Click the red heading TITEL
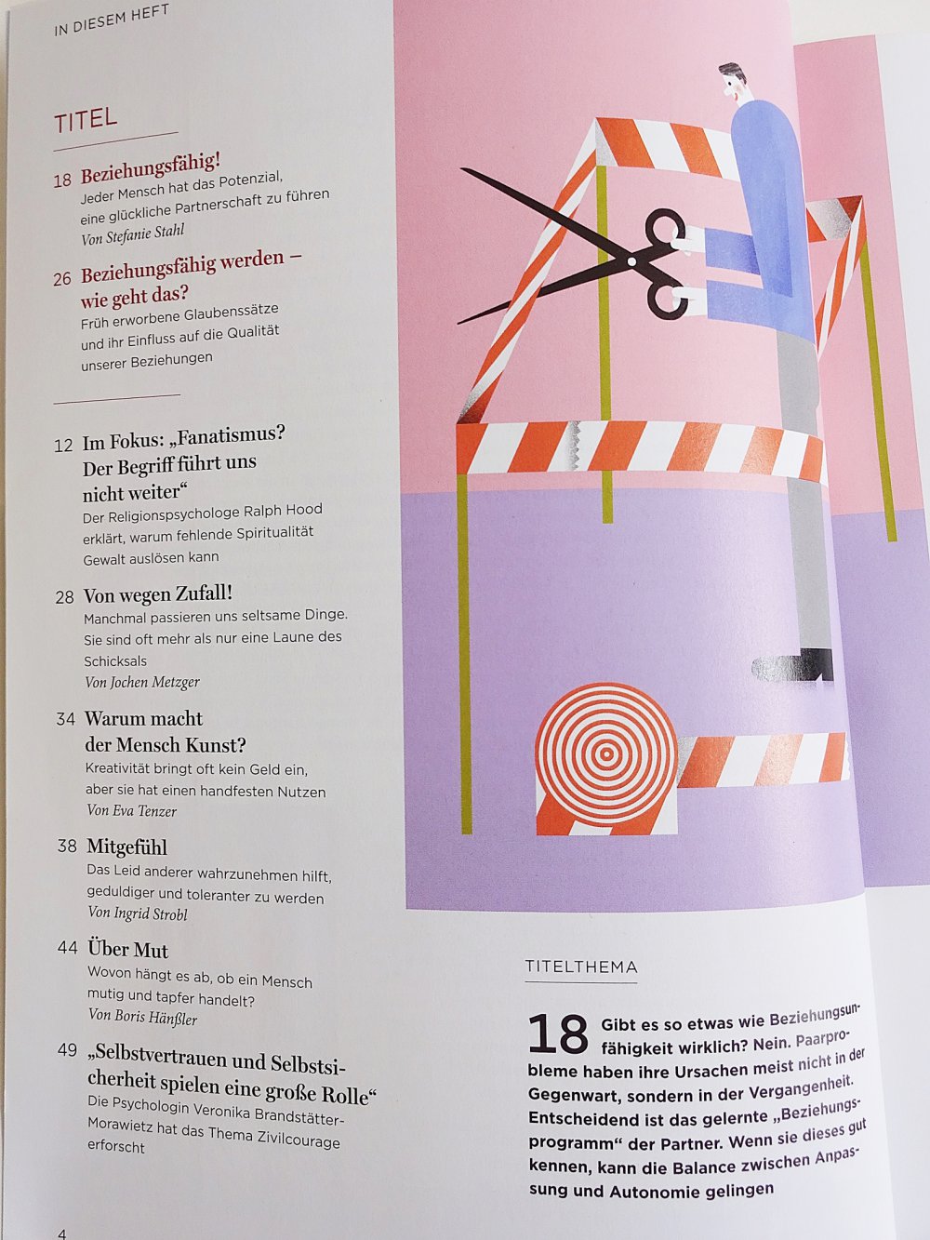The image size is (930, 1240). [86, 120]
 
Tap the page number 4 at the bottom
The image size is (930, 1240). [61, 1232]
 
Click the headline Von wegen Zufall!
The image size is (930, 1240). [158, 594]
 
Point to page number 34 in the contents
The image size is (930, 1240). [65, 719]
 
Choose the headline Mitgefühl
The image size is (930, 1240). [127, 847]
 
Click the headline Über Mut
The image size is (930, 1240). [128, 949]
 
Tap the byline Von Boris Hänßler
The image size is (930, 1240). [143, 1017]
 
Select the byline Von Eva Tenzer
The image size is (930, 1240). [131, 810]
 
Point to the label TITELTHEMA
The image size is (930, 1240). [581, 967]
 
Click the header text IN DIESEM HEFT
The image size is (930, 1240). [112, 20]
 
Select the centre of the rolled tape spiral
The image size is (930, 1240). [606, 753]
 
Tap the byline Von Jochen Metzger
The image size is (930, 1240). [142, 683]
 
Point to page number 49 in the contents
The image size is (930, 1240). [67, 1050]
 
